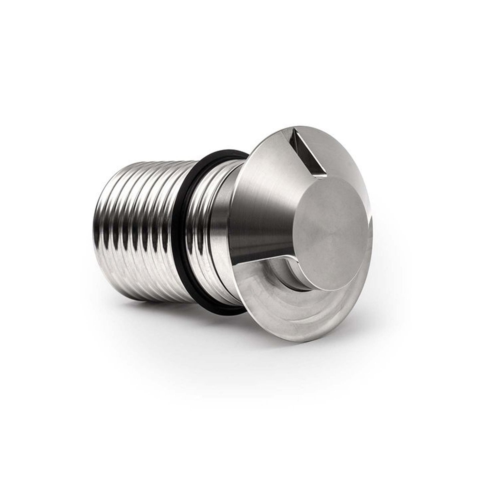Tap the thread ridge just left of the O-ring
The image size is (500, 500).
coord(178,233)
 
